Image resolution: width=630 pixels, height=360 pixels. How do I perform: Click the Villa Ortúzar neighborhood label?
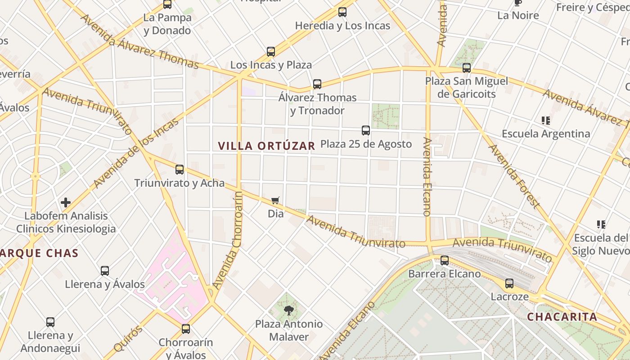[x=266, y=146]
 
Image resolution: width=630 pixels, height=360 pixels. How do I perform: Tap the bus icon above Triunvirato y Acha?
[x=180, y=170]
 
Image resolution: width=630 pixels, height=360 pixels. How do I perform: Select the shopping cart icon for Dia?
[x=275, y=201]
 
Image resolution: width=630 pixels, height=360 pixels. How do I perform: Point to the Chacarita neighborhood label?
[x=562, y=317]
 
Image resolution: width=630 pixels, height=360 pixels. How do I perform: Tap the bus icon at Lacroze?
[x=509, y=283]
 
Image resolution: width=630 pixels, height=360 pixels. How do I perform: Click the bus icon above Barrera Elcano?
[x=445, y=260]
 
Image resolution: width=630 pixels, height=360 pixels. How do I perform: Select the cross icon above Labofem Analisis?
[x=66, y=202]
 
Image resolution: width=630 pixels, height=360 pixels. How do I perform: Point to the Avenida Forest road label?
[x=514, y=176]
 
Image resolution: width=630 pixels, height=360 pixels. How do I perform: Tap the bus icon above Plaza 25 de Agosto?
[x=366, y=130]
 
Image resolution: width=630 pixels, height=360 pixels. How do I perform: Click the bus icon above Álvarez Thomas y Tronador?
[x=317, y=84]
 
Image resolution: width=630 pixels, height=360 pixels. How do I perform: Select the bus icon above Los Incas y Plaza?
[x=271, y=52]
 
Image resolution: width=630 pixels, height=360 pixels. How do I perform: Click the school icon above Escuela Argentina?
[x=546, y=121]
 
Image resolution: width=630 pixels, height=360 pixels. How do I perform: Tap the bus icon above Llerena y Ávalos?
[x=105, y=271]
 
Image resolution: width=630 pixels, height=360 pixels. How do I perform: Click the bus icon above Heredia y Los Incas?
[x=342, y=12]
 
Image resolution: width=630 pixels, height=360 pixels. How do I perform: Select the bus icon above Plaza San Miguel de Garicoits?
[x=467, y=68]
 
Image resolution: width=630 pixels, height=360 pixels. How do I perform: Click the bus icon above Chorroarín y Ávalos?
[x=186, y=329]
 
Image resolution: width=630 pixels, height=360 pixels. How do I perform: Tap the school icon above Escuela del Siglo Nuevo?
[x=601, y=224]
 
